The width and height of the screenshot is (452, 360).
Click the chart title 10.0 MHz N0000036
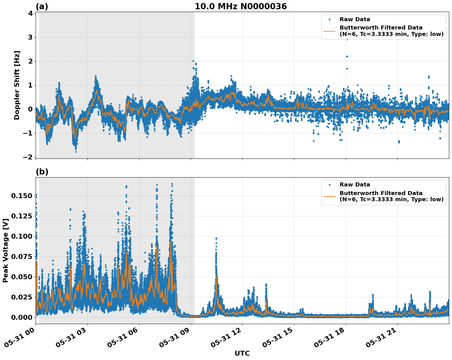240,6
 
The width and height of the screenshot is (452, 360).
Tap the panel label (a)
42,6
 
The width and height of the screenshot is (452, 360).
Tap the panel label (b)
42,172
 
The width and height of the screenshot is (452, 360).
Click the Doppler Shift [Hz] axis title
17,85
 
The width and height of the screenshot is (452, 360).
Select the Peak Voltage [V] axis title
5,250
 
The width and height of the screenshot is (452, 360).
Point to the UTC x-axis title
242,353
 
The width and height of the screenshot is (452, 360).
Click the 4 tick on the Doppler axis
30,13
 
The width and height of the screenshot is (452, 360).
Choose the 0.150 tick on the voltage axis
21,196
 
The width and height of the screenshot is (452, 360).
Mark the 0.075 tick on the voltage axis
21,256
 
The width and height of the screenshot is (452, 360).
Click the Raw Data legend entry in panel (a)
355,19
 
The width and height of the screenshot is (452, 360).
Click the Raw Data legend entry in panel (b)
355,185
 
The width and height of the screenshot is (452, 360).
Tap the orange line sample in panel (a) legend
329,31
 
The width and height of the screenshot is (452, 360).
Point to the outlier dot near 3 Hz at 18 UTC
347,39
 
